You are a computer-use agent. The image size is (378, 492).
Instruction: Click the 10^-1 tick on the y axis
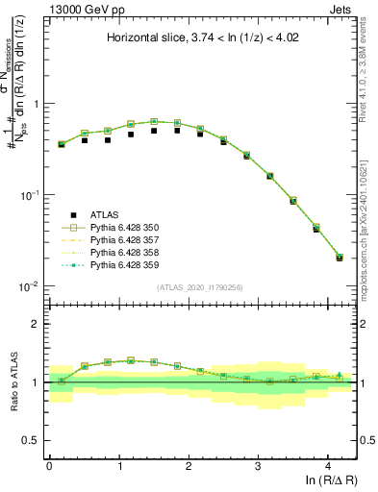tap(32, 195)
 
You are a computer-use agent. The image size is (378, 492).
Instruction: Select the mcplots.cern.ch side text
tap(367, 226)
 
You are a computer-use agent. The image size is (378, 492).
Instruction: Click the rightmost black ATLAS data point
tap(340, 258)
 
